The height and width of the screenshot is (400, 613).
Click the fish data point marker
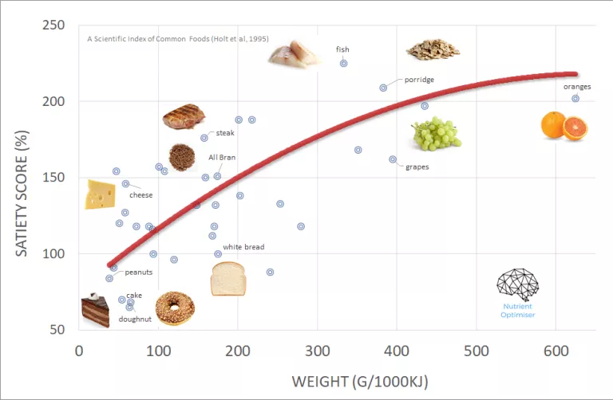tap(344, 63)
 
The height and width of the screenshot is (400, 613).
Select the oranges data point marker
tap(575, 99)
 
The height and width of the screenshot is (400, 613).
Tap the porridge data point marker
tap(383, 88)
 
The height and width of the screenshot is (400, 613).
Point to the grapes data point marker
tap(393, 159)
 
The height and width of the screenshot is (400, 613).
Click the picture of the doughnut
tap(175, 308)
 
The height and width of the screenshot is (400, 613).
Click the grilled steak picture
tap(184, 117)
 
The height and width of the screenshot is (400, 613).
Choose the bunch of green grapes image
tap(436, 134)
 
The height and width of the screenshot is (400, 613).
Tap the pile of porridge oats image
tap(433, 49)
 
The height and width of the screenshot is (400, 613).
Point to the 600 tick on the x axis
tap(477, 351)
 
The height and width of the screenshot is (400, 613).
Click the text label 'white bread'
tap(243, 248)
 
